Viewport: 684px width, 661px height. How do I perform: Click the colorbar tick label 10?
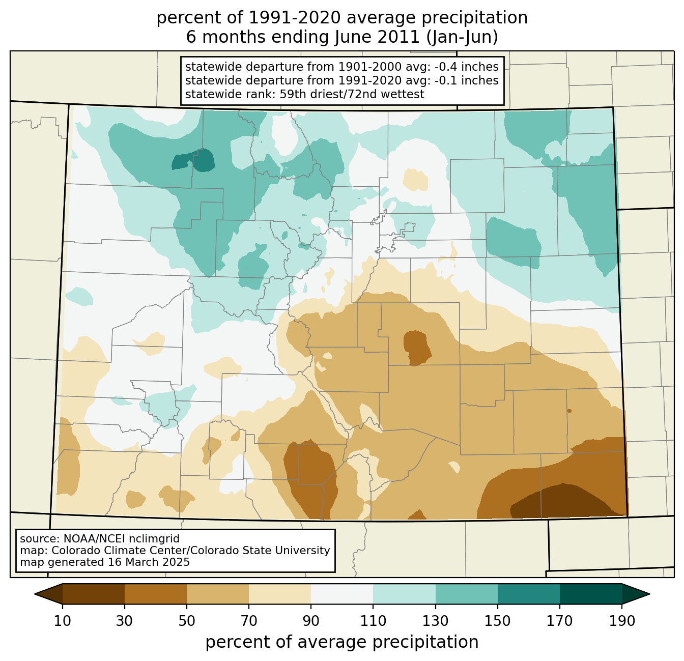pyautogui.click(x=62, y=621)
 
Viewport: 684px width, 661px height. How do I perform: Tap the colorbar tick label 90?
pyautogui.click(x=311, y=621)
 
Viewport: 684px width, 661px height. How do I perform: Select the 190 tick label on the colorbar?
pyautogui.click(x=622, y=621)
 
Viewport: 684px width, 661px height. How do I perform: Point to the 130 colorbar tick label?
pyautogui.click(x=435, y=621)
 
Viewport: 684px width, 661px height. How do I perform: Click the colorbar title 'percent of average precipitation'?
pyautogui.click(x=342, y=642)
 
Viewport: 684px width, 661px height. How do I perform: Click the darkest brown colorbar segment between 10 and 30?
pyautogui.click(x=94, y=594)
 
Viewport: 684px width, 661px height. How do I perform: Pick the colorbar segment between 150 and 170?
pyautogui.click(x=528, y=594)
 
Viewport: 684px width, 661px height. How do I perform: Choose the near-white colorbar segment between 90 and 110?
pyautogui.click(x=342, y=594)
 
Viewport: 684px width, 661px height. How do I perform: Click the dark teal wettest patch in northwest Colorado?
pyautogui.click(x=194, y=161)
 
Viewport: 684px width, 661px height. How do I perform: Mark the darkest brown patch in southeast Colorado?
pyautogui.click(x=562, y=501)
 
